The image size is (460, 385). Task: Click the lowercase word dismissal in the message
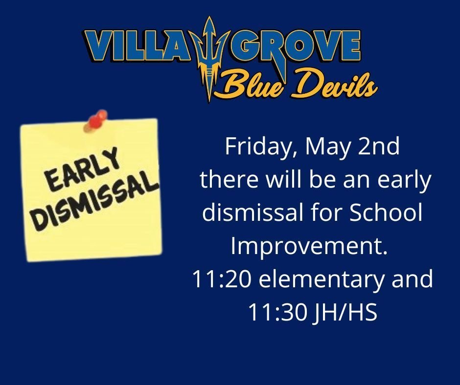tap(257, 213)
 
